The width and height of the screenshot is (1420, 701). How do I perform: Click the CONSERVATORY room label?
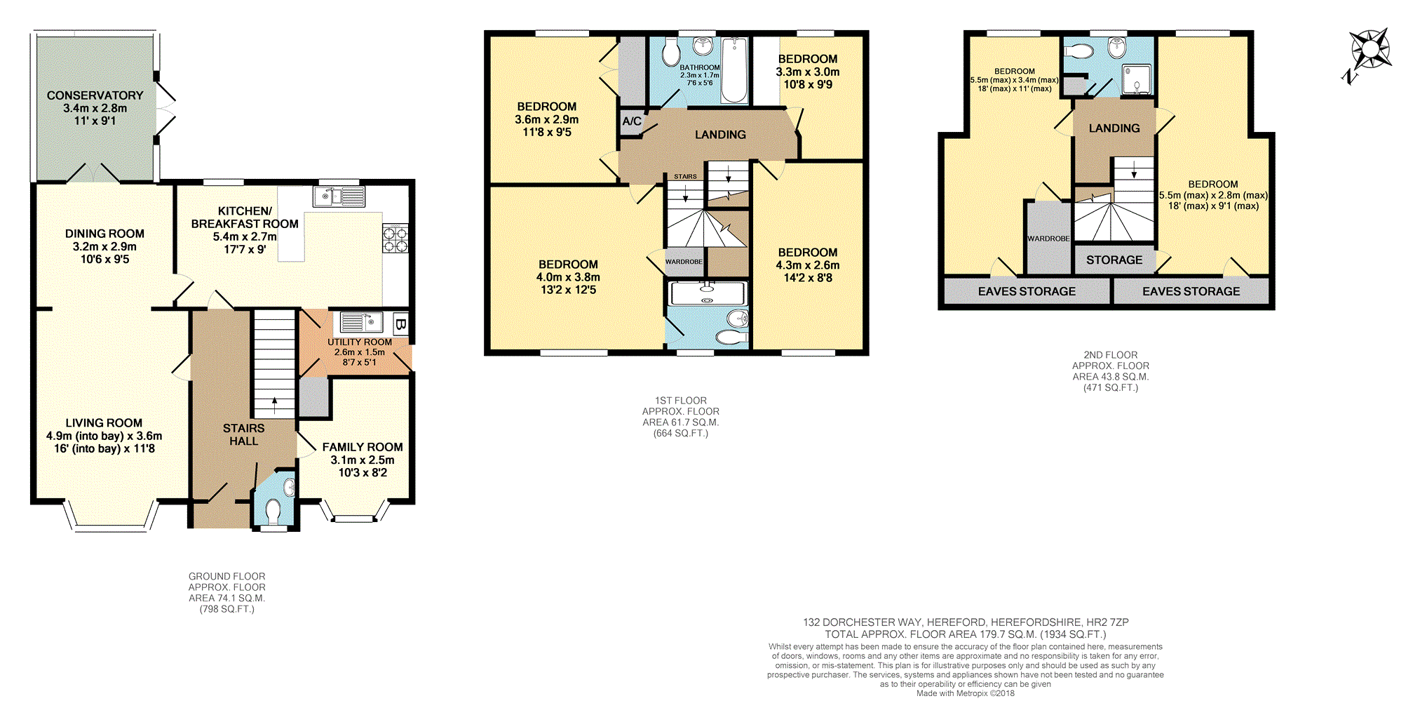pos(95,95)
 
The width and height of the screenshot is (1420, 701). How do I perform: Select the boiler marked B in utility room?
pos(400,324)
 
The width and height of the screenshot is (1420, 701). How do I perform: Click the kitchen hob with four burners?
pos(395,239)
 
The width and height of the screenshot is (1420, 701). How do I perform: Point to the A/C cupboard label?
pos(631,121)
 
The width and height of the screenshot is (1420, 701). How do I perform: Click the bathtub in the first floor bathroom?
pos(734,70)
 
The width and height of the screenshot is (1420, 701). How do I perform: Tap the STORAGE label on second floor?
pos(1114,260)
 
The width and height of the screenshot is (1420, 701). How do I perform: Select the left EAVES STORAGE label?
pos(1026,291)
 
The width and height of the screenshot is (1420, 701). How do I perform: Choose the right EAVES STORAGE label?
pos(1190,291)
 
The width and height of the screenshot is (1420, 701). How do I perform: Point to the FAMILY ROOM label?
pos(362,447)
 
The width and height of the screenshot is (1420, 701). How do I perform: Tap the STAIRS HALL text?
pos(243,434)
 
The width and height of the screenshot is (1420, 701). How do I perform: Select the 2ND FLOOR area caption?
pos(1110,371)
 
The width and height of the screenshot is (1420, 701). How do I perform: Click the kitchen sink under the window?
pos(340,196)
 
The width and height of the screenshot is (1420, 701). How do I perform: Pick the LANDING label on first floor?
pos(719,135)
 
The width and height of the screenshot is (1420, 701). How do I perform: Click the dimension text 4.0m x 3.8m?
pos(568,277)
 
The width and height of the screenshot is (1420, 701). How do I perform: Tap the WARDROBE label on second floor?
pos(1048,239)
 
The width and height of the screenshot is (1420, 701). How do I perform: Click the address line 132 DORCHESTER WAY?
pos(965,622)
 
